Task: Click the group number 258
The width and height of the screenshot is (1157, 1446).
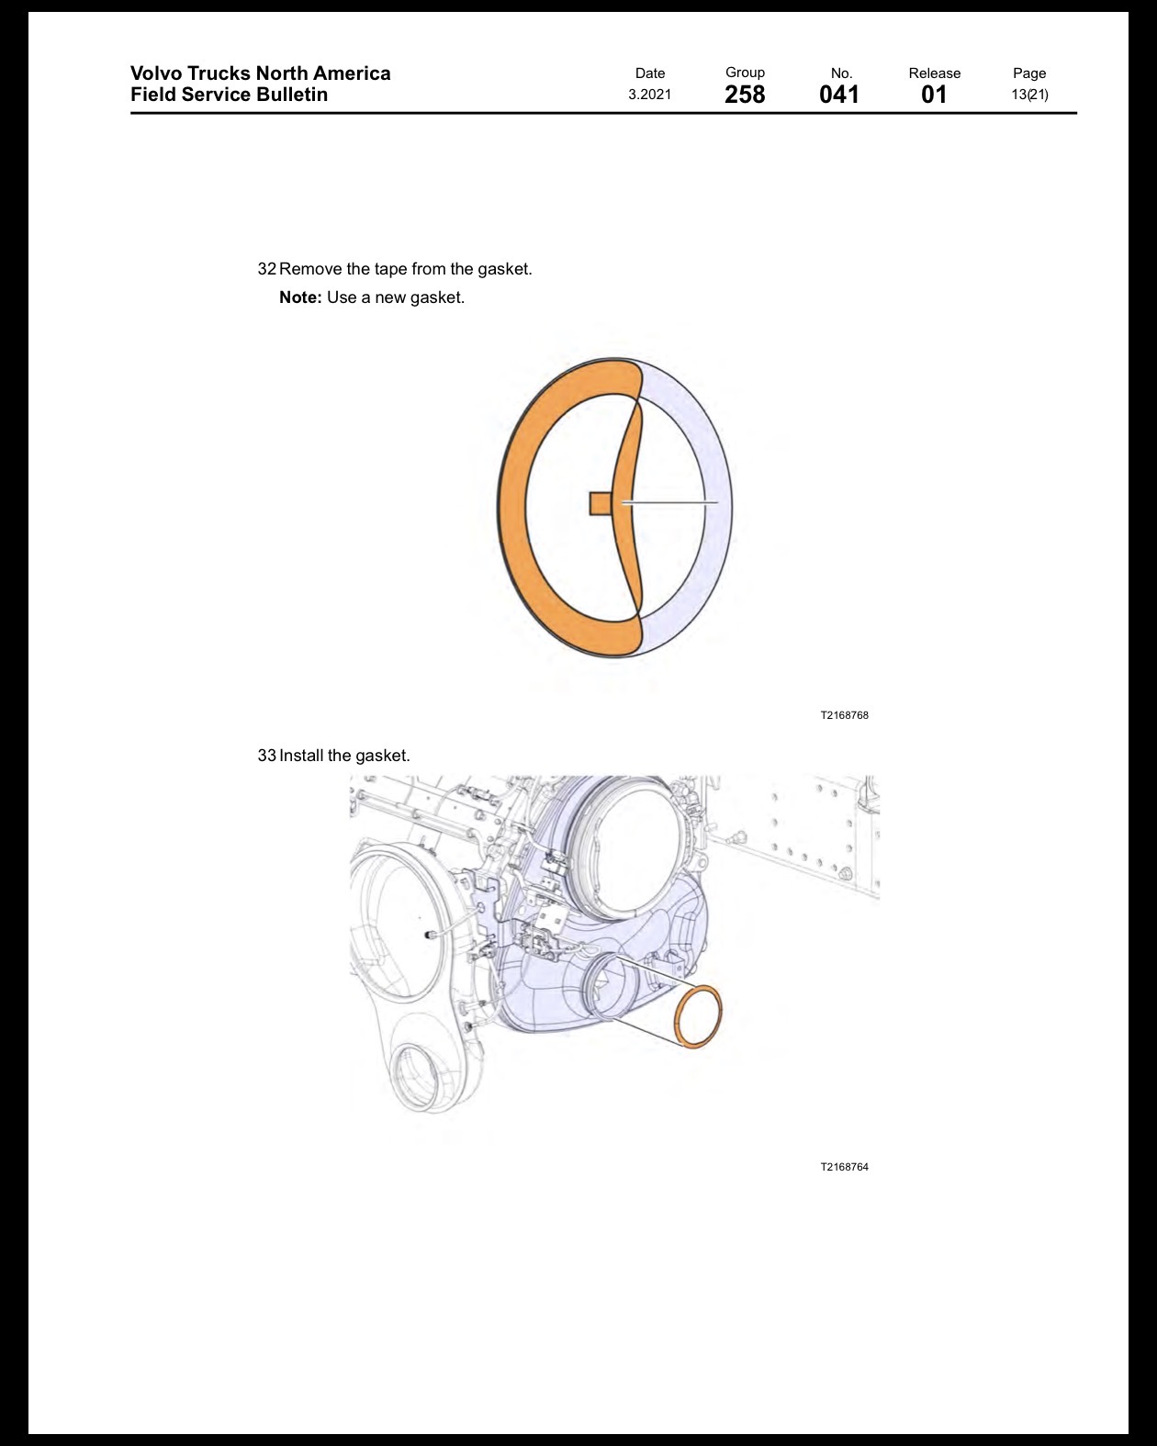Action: (x=744, y=95)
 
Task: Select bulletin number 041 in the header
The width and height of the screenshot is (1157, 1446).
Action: (x=839, y=95)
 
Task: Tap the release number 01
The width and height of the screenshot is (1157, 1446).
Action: (x=934, y=95)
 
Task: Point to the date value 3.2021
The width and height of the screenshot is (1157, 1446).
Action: (x=649, y=95)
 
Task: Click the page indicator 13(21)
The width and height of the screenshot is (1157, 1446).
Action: (x=1029, y=95)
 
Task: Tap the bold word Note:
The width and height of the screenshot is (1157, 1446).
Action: (x=300, y=297)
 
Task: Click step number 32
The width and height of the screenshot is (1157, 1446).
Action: (x=266, y=269)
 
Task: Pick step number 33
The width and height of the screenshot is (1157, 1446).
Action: (x=266, y=756)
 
